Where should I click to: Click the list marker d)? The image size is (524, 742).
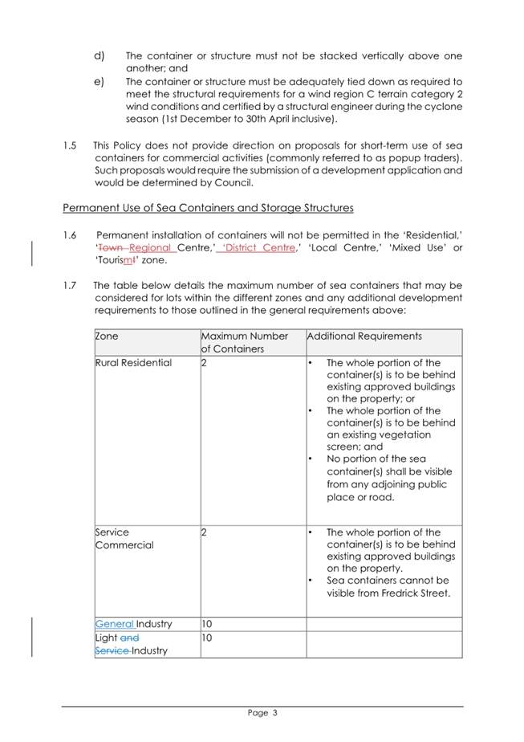[x=100, y=55]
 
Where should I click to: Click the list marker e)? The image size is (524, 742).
[x=100, y=81]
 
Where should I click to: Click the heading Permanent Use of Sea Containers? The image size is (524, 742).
[x=208, y=209]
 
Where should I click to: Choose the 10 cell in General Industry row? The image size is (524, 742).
[x=207, y=623]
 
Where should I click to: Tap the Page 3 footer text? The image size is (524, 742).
[x=262, y=712]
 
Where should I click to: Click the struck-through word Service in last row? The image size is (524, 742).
[x=113, y=650]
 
